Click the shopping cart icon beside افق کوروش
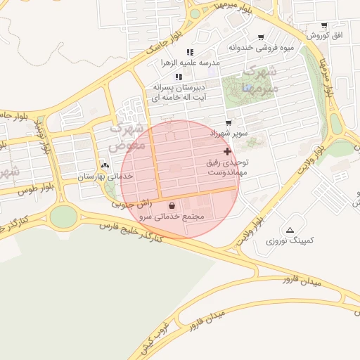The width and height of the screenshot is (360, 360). (x=324, y=25)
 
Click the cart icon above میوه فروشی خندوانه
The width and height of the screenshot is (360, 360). (x=262, y=37)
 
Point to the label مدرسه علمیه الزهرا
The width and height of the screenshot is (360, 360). (x=190, y=63)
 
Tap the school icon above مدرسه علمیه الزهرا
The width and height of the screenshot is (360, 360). (x=190, y=53)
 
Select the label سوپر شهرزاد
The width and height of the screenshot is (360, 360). (x=229, y=132)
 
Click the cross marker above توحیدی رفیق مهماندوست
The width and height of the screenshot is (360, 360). (x=226, y=151)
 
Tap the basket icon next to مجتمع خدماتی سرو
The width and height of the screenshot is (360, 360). (x=173, y=206)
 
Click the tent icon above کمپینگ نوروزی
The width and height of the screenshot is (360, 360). (x=290, y=230)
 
